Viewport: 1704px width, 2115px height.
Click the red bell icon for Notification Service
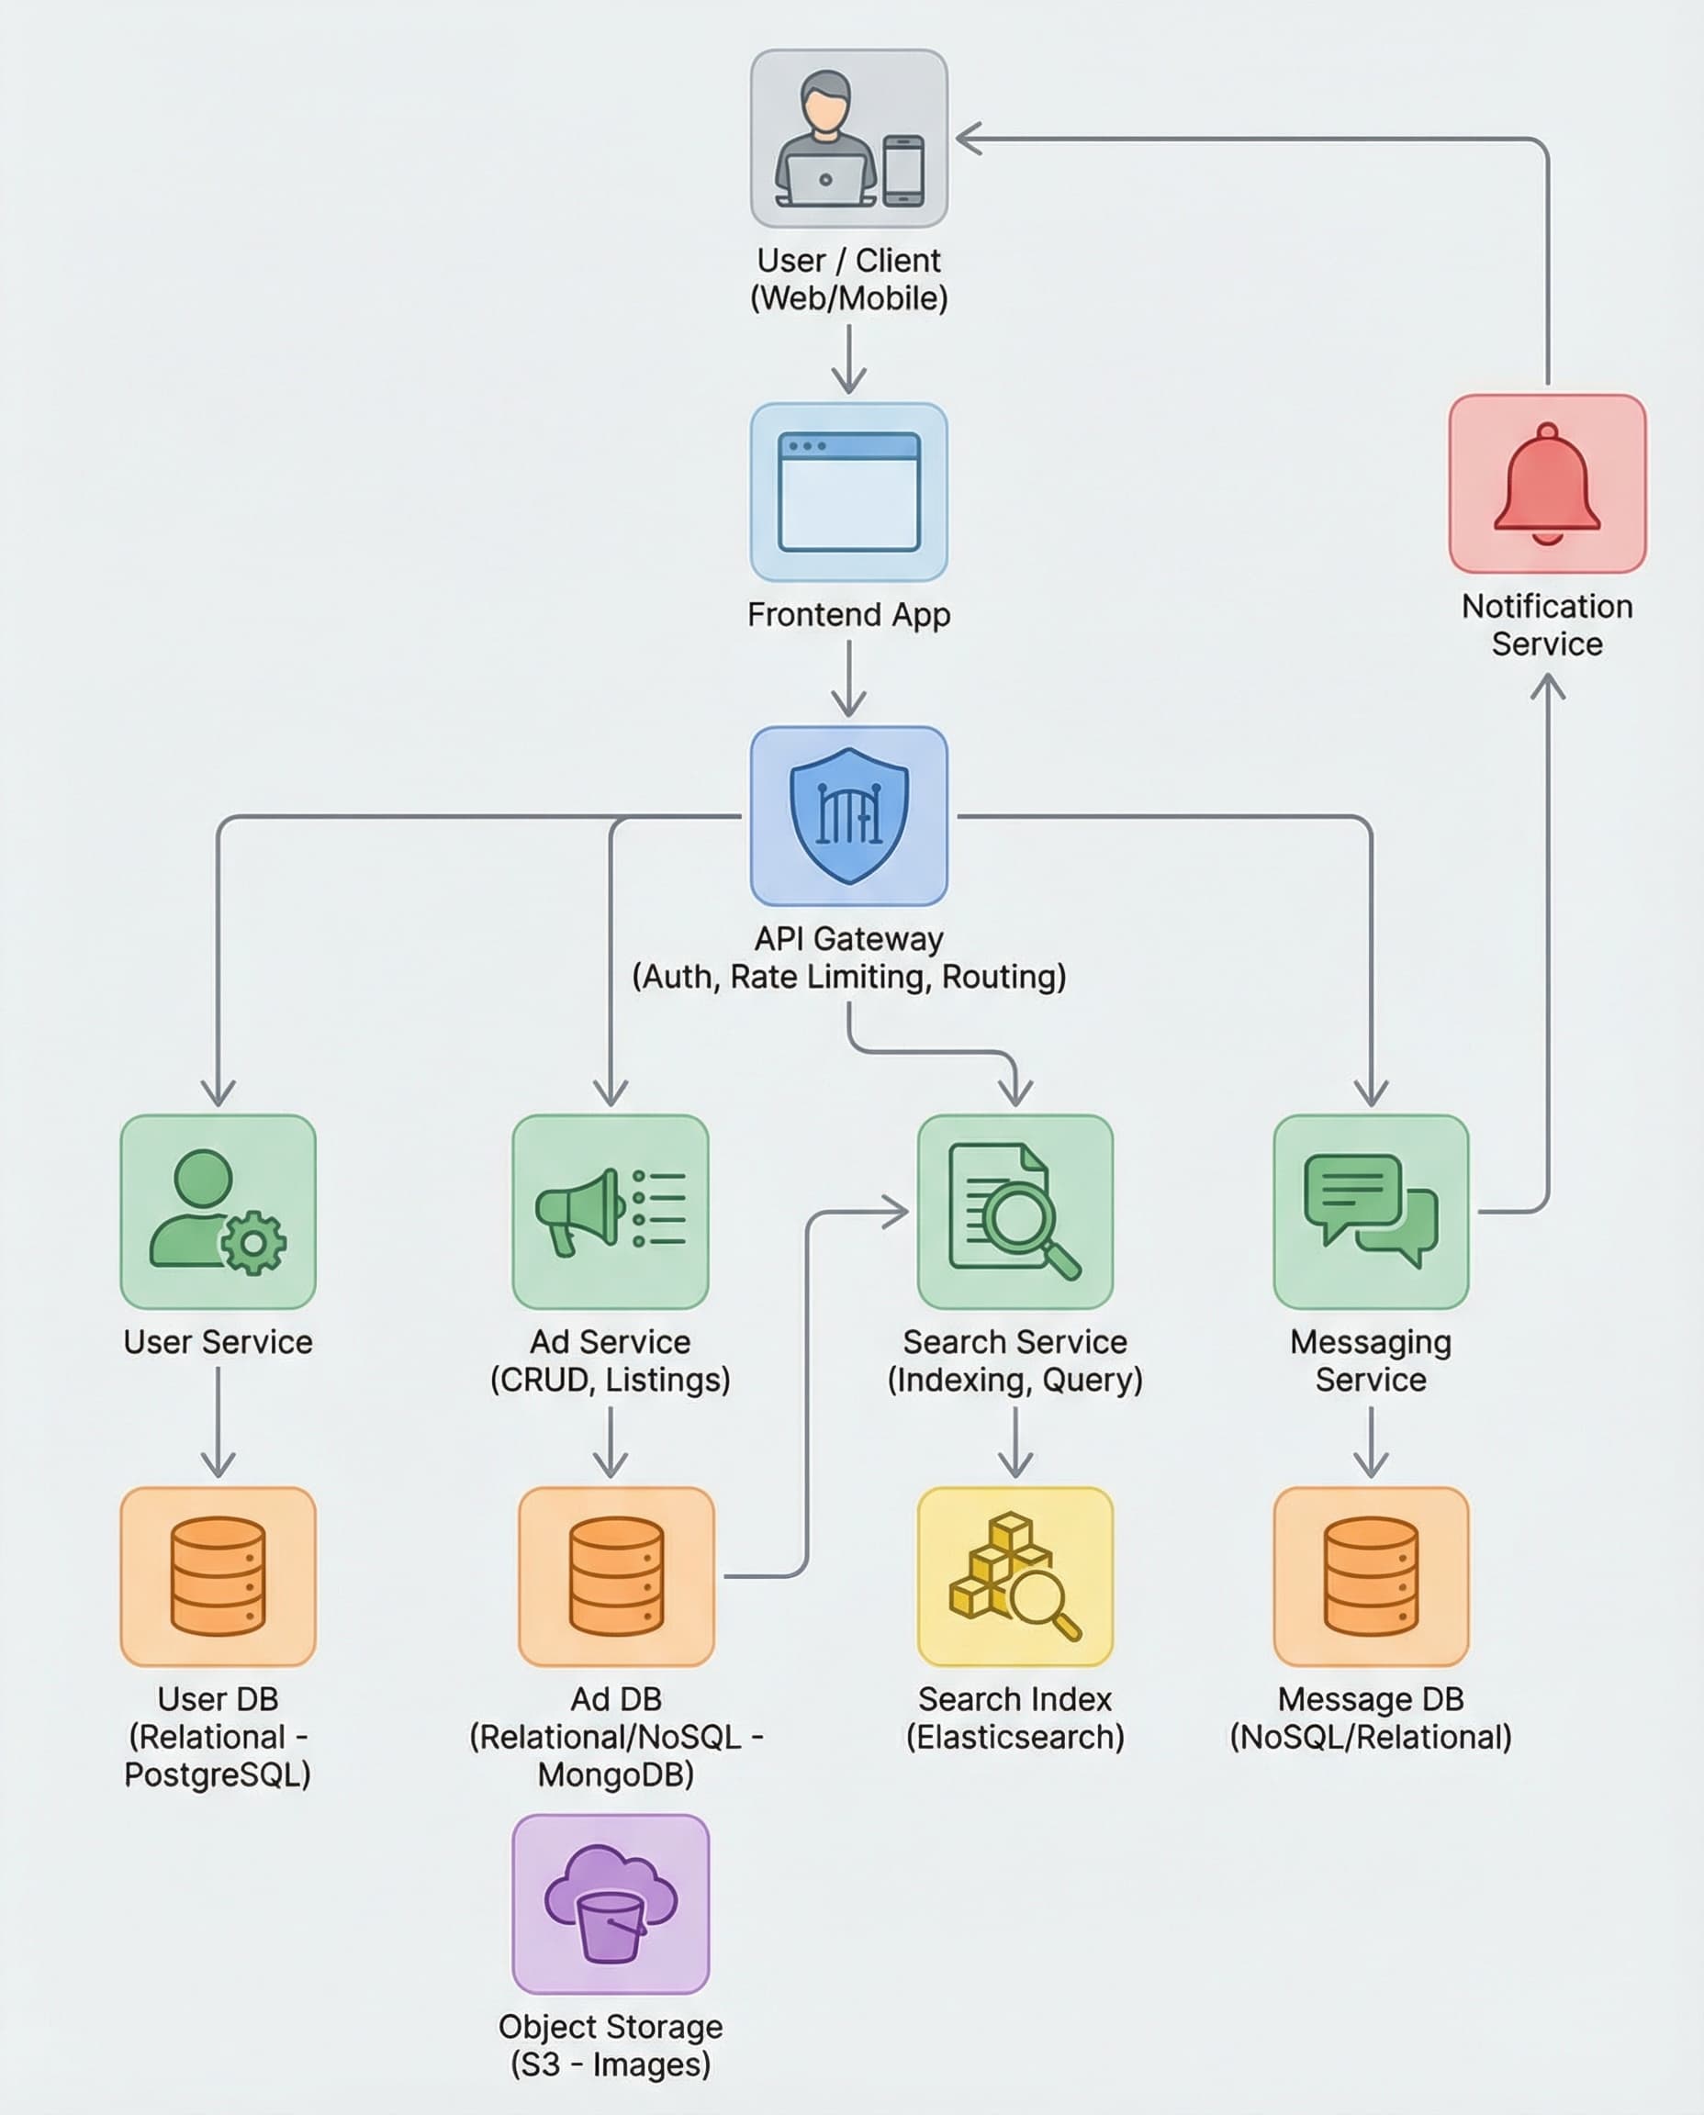pyautogui.click(x=1547, y=484)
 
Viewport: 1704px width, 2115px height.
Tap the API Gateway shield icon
pyautogui.click(x=849, y=815)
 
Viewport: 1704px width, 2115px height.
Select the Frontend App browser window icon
pyautogui.click(x=849, y=492)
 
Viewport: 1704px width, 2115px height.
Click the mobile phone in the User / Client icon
pyautogui.click(x=903, y=171)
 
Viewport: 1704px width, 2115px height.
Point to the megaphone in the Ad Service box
pyautogui.click(x=579, y=1211)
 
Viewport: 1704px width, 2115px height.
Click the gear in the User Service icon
pyautogui.click(x=253, y=1244)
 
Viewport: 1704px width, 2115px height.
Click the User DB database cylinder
pyautogui.click(x=218, y=1576)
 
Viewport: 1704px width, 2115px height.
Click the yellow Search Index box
pyautogui.click(x=1015, y=1576)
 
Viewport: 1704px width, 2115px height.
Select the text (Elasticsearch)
pyautogui.click(x=1015, y=1737)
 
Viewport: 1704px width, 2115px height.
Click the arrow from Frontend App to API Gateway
pyautogui.click(x=849, y=678)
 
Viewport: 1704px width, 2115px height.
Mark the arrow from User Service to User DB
pyautogui.click(x=218, y=1422)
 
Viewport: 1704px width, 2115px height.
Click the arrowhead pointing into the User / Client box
pyautogui.click(x=969, y=139)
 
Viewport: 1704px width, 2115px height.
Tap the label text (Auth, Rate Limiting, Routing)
pyautogui.click(x=849, y=977)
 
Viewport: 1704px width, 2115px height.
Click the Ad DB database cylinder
pyautogui.click(x=616, y=1576)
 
